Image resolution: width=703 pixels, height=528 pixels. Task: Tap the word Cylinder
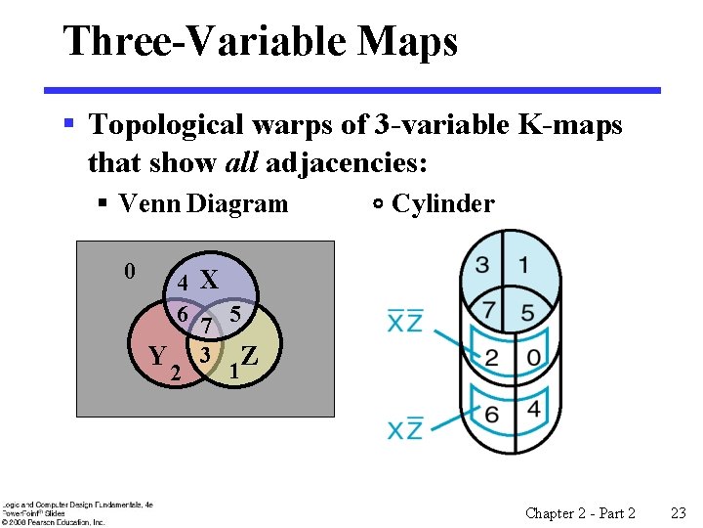(x=442, y=203)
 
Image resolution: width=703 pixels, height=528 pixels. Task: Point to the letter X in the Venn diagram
(x=208, y=281)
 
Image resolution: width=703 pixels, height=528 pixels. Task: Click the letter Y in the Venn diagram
(x=156, y=355)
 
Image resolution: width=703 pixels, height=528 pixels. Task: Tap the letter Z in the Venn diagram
(x=249, y=355)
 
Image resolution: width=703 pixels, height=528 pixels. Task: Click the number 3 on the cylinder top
(x=482, y=264)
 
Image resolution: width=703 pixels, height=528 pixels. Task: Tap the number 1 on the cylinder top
(x=524, y=264)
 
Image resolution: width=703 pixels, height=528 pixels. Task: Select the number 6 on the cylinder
(x=491, y=415)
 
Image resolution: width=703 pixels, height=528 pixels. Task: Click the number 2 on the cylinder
(x=493, y=358)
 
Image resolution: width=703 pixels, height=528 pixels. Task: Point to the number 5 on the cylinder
(x=528, y=313)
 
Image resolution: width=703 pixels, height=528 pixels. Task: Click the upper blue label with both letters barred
(x=404, y=321)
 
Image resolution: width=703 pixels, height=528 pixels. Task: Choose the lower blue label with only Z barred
(x=404, y=427)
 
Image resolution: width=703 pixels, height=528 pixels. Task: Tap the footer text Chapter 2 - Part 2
(x=580, y=512)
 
